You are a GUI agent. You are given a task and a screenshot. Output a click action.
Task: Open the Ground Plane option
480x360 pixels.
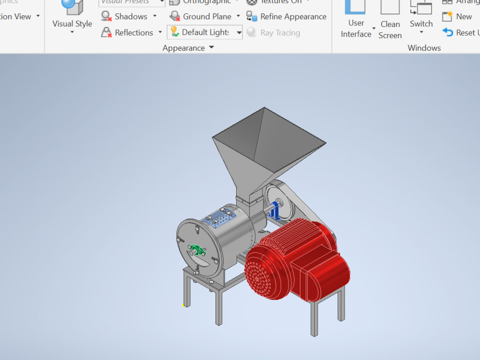[x=206, y=16]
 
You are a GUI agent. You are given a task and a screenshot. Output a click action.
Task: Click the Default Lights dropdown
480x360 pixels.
[x=204, y=33]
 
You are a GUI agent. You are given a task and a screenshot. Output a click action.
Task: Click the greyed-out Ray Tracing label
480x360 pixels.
[x=280, y=33]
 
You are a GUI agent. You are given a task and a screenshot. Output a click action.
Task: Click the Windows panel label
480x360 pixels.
[x=424, y=48]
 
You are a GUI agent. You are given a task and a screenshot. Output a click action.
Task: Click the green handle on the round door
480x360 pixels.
[x=196, y=250]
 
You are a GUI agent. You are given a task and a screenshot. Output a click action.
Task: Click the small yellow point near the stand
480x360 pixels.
[x=183, y=305]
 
